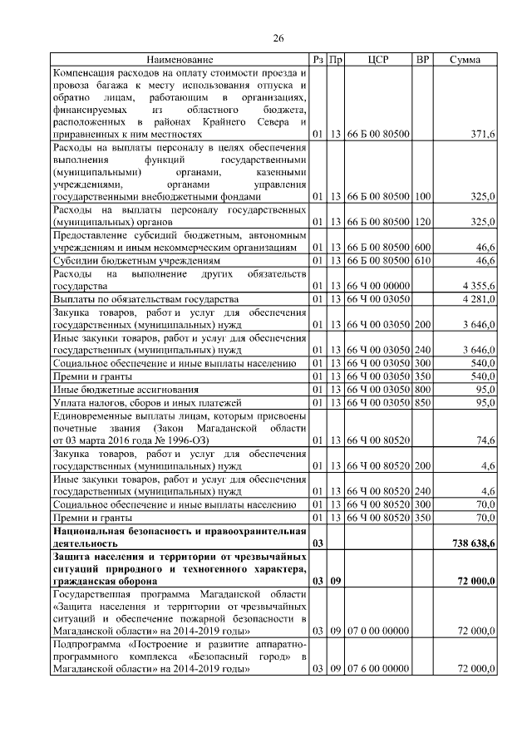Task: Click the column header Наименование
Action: point(180,60)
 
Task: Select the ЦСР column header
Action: point(377,60)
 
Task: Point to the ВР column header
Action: point(422,60)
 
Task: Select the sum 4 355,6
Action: point(477,285)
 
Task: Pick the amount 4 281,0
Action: point(477,298)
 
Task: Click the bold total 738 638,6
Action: point(470,543)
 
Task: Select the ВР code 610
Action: point(422,260)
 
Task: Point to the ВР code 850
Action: point(422,402)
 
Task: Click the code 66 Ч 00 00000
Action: point(377,285)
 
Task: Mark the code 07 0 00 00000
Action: point(377,632)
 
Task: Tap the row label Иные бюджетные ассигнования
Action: point(126,390)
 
